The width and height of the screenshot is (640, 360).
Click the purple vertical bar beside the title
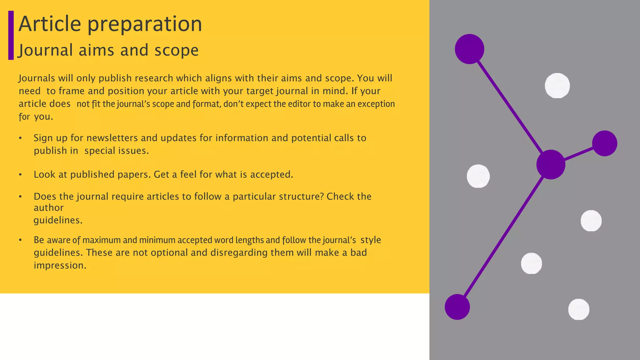(x=11, y=35)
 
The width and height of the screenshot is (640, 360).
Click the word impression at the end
(x=60, y=265)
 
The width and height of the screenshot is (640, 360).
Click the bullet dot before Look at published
(x=20, y=175)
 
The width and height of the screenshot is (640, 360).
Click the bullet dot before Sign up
(x=20, y=138)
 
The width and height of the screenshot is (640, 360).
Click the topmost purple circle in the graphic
(x=469, y=49)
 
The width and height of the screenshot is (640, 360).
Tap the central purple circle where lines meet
(x=551, y=164)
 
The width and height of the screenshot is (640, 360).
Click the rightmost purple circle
(x=604, y=143)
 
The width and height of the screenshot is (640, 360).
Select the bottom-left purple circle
(x=457, y=307)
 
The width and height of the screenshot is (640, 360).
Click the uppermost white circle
(x=557, y=86)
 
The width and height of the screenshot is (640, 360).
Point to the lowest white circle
(x=578, y=309)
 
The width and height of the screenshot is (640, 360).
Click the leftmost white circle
(x=478, y=176)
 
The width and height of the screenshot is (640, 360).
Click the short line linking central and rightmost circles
(x=578, y=154)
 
